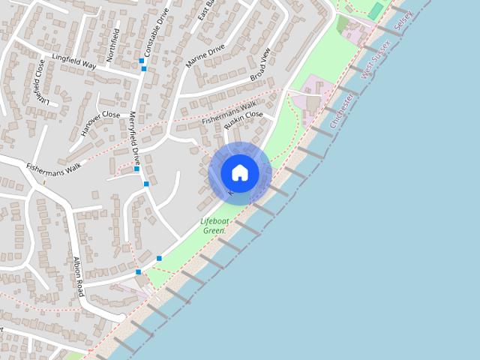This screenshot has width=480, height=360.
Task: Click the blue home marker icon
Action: click(240, 173)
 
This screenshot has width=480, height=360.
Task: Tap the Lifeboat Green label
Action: click(214, 226)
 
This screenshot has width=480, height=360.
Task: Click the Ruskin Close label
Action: click(243, 120)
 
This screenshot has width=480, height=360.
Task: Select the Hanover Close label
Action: click(100, 123)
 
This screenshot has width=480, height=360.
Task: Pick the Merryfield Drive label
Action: click(135, 139)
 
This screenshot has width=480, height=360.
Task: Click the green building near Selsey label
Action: click(375, 11)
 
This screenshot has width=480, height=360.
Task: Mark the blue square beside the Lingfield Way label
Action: click(141, 61)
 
